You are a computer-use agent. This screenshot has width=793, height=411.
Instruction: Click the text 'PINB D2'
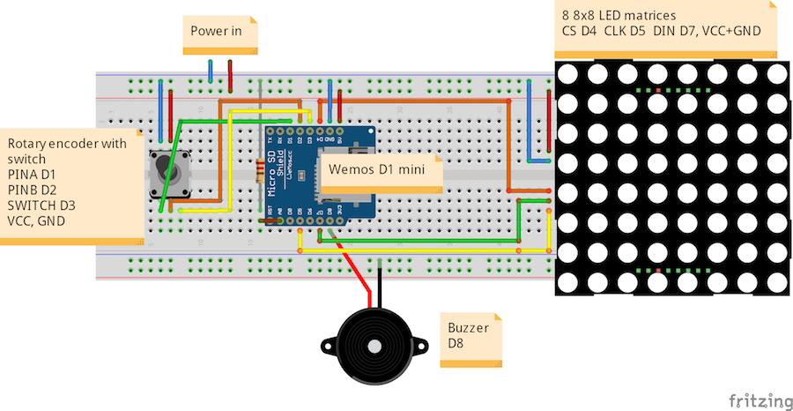(32, 190)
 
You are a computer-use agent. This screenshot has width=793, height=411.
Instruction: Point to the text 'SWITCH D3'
(41, 205)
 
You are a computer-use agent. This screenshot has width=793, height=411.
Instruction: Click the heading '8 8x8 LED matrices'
(619, 15)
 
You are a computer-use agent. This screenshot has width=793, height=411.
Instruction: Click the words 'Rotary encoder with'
(67, 143)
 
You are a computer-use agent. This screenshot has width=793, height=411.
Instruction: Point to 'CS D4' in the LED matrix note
(579, 31)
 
